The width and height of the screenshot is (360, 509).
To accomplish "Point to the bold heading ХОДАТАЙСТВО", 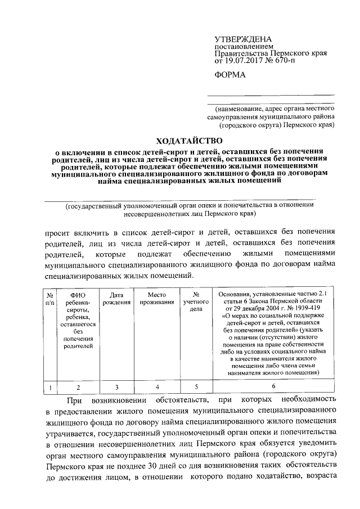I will [x=187, y=140].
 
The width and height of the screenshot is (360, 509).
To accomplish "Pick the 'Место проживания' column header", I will [x=157, y=298].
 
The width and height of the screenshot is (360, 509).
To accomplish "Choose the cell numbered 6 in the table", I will [x=273, y=386].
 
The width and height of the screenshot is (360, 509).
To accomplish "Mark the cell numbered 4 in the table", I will [x=157, y=386].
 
